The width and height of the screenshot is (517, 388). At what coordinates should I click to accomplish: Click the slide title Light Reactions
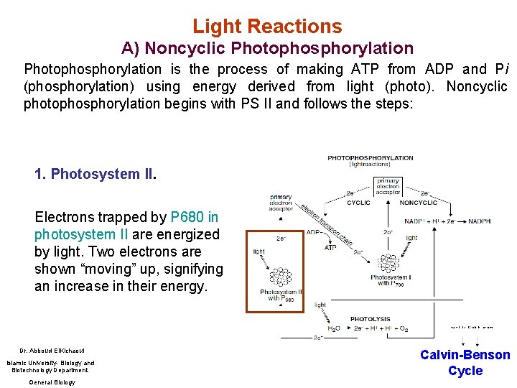[x=267, y=27]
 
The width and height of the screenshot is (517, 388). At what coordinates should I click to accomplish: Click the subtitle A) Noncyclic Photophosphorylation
[x=267, y=49]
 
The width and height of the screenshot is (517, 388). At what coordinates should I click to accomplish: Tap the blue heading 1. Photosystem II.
[x=95, y=174]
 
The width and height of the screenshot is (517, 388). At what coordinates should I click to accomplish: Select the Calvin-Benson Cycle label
[x=465, y=363]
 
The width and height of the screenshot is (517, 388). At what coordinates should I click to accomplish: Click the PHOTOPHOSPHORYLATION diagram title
[x=370, y=158]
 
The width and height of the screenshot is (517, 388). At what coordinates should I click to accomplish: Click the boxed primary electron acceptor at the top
[x=388, y=185]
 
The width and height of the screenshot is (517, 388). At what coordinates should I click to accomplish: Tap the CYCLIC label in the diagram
[x=358, y=203]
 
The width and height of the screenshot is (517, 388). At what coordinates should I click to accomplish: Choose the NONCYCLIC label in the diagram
[x=418, y=203]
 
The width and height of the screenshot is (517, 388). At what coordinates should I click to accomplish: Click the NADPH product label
[x=480, y=222]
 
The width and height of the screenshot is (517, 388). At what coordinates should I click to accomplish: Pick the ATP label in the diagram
[x=330, y=248]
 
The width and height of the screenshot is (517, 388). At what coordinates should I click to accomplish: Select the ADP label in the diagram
[x=314, y=232]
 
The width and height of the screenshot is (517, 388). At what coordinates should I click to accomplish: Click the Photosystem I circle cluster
[x=388, y=263]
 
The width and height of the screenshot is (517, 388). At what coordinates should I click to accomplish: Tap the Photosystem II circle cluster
[x=280, y=277]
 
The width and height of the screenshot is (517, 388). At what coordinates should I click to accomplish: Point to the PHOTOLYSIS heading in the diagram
[x=370, y=319]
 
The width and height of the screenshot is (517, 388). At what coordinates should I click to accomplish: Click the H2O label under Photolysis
[x=335, y=329]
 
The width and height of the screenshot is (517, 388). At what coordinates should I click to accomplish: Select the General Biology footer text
[x=51, y=382]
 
